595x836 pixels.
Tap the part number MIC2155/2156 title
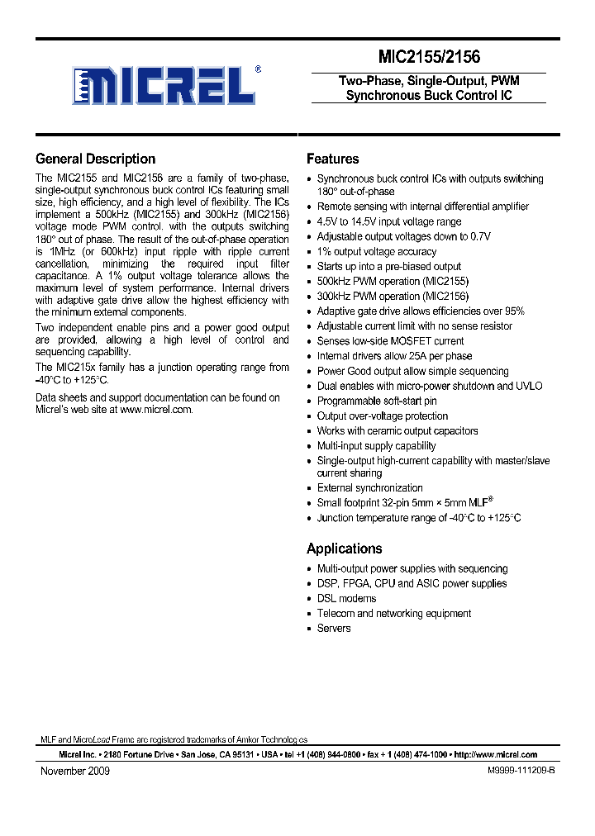[428, 57]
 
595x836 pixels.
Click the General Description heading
[95, 159]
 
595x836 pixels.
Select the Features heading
[332, 159]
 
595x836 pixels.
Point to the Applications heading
[344, 549]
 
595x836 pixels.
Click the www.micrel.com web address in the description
[156, 410]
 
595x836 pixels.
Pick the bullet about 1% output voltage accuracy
[376, 251]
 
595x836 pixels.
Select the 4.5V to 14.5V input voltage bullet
[388, 221]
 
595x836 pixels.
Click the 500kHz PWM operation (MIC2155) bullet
[393, 281]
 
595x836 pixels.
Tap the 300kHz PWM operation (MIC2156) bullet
[393, 296]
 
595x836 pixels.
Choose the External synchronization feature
[369, 487]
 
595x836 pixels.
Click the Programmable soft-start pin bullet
[376, 401]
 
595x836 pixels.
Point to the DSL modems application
[346, 598]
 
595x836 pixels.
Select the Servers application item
[334, 628]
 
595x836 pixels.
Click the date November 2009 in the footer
[75, 771]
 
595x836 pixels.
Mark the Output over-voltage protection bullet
[382, 416]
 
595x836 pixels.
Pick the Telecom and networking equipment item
[393, 613]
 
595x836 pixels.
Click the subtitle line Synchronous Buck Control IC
[428, 95]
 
